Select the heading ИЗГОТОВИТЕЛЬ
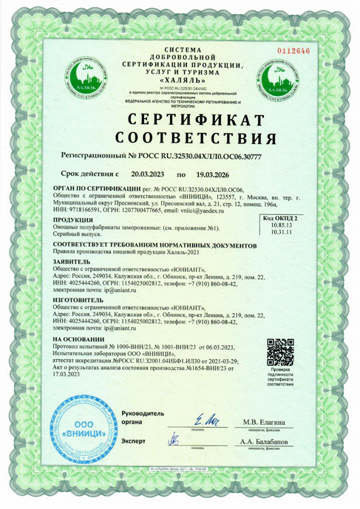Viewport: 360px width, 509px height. click(78, 301)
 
